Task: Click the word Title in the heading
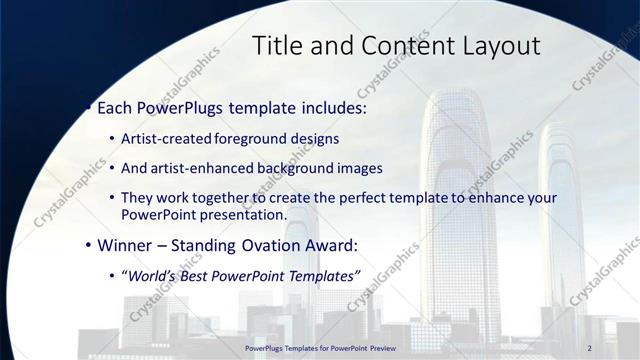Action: tap(276, 46)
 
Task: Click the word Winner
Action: tap(125, 245)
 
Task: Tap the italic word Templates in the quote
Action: tap(317, 276)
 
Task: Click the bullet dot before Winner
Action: tap(89, 245)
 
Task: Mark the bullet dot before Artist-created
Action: tap(112, 139)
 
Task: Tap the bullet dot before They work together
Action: tap(112, 198)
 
